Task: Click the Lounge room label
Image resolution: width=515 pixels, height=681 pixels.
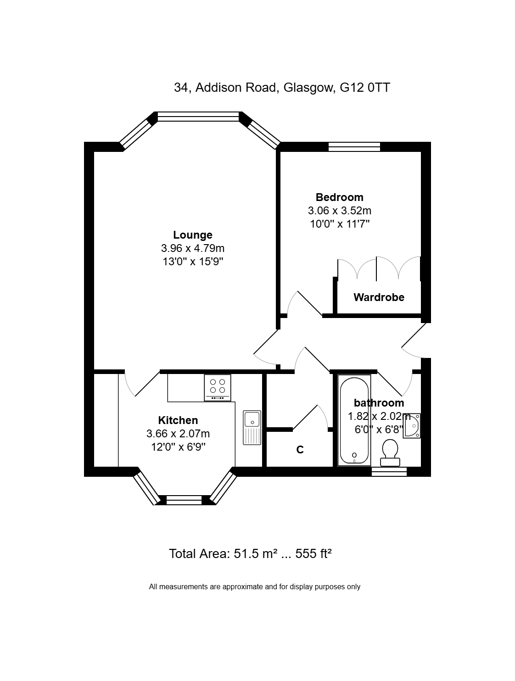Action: tap(193, 235)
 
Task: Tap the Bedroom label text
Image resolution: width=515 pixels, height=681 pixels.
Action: tap(339, 197)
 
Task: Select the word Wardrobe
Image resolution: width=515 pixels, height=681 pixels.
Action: tap(379, 297)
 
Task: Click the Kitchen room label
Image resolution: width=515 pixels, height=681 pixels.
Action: tap(178, 420)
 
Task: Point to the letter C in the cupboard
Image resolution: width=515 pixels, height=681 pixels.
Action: tap(300, 450)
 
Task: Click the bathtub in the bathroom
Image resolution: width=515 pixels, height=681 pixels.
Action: tap(354, 421)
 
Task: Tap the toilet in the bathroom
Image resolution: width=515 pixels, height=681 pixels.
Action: tap(390, 453)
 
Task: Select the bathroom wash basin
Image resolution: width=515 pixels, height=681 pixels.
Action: tap(412, 426)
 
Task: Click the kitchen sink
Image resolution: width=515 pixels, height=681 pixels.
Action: tap(252, 428)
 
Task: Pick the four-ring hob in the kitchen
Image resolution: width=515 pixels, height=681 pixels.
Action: tap(218, 388)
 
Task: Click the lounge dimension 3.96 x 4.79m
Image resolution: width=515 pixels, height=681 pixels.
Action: tap(193, 248)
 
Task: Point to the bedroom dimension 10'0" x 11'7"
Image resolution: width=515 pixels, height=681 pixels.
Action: tap(340, 224)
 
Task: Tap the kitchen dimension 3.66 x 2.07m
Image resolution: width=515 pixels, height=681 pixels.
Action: tap(178, 433)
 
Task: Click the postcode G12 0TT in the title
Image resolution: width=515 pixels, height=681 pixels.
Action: tap(365, 88)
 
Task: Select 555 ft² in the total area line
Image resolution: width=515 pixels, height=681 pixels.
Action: tap(313, 553)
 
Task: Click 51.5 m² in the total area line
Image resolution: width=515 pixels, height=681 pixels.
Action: tap(255, 553)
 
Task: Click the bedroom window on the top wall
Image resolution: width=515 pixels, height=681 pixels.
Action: tap(354, 147)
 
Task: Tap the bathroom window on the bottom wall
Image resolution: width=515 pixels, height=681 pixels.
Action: tap(389, 472)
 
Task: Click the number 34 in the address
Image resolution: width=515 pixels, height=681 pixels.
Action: tap(180, 88)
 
